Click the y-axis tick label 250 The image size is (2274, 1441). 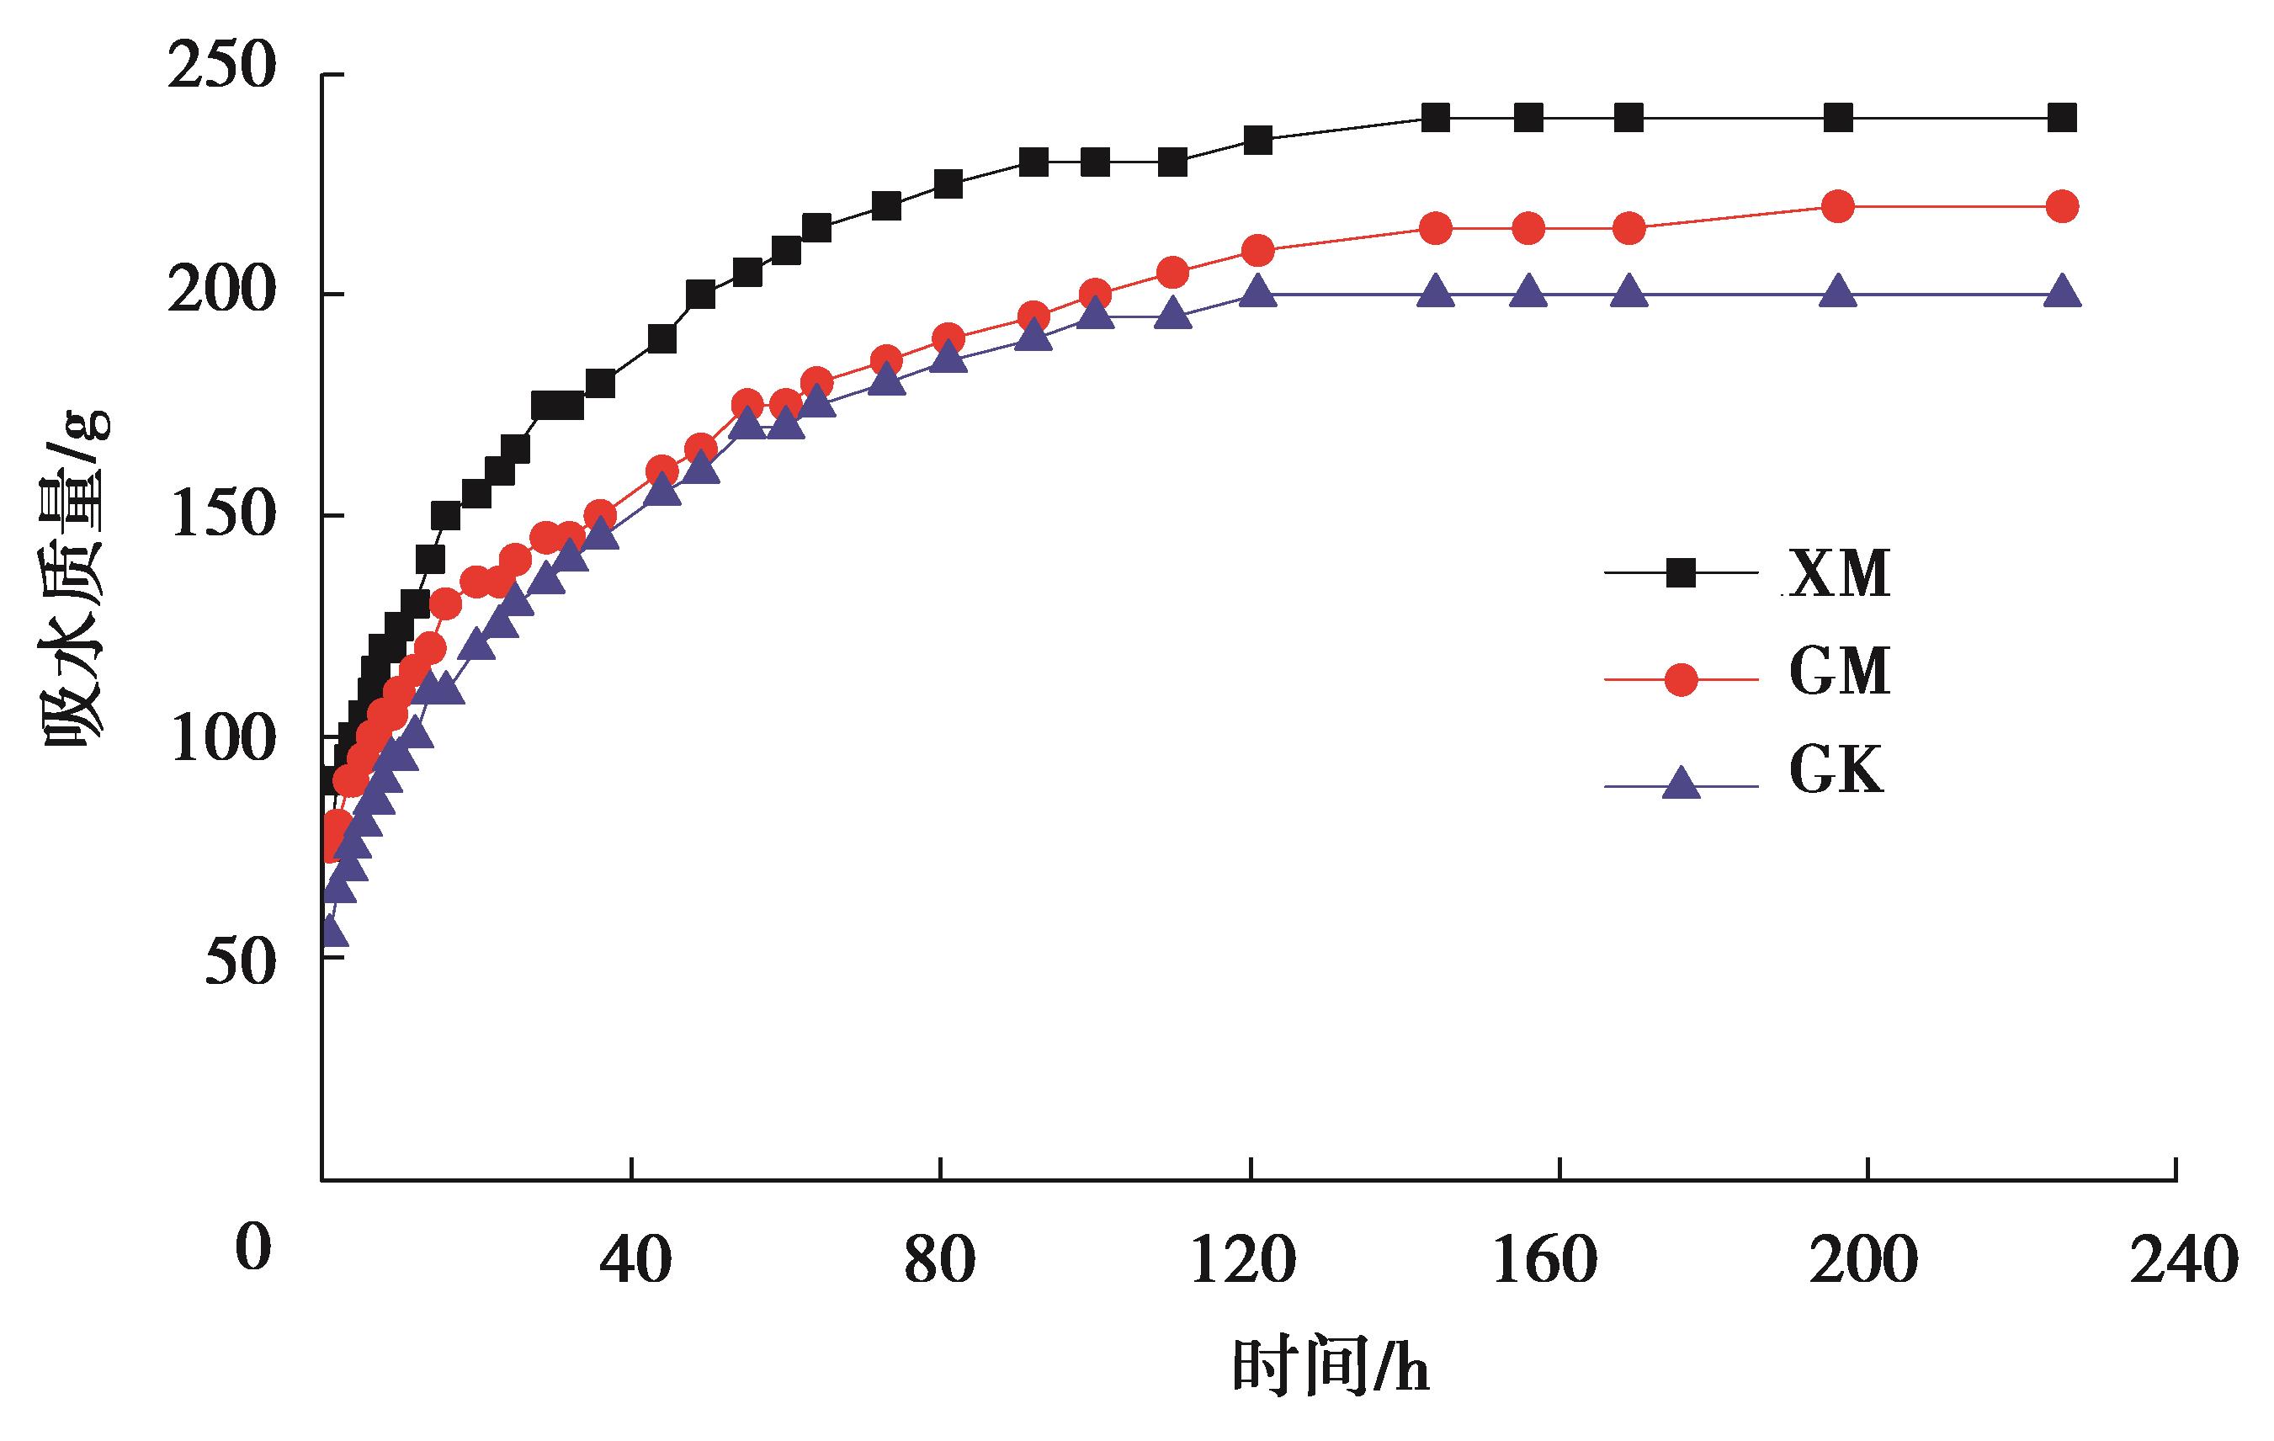(x=221, y=68)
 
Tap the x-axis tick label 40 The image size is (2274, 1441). (x=635, y=1260)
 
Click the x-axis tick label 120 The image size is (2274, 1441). (x=1242, y=1260)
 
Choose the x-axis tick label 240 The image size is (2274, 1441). (x=2183, y=1260)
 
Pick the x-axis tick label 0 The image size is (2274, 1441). (x=252, y=1247)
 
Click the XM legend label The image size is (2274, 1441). (x=1839, y=573)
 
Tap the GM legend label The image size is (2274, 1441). (x=1839, y=673)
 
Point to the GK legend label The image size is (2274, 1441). (x=1835, y=770)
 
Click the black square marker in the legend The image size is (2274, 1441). (x=1681, y=573)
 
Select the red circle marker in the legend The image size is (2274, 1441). (x=1681, y=679)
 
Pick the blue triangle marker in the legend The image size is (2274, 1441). (x=1681, y=783)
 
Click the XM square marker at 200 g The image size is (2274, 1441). (x=699, y=295)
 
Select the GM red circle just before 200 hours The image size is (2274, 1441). (x=1836, y=206)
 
